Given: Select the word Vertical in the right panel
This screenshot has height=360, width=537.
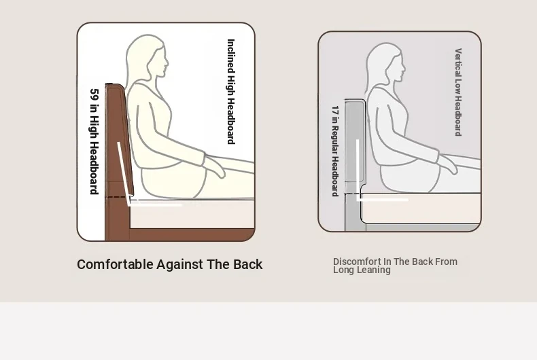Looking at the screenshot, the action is coord(458,63).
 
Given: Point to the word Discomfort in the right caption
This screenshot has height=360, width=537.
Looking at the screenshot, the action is coord(356,262).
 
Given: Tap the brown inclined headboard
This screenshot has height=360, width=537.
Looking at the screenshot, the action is coord(119,137).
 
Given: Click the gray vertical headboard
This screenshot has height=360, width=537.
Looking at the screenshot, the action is coord(354,141).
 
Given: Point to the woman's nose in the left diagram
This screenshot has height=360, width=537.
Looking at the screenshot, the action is coord(167,62).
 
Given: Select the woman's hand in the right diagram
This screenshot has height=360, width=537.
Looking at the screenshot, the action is coord(448,164).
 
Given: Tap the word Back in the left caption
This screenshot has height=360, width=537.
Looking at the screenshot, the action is coord(247,264).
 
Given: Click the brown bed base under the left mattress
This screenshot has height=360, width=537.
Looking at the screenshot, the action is coord(192,235).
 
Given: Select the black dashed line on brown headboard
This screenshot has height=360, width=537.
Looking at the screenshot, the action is coord(116,197).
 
